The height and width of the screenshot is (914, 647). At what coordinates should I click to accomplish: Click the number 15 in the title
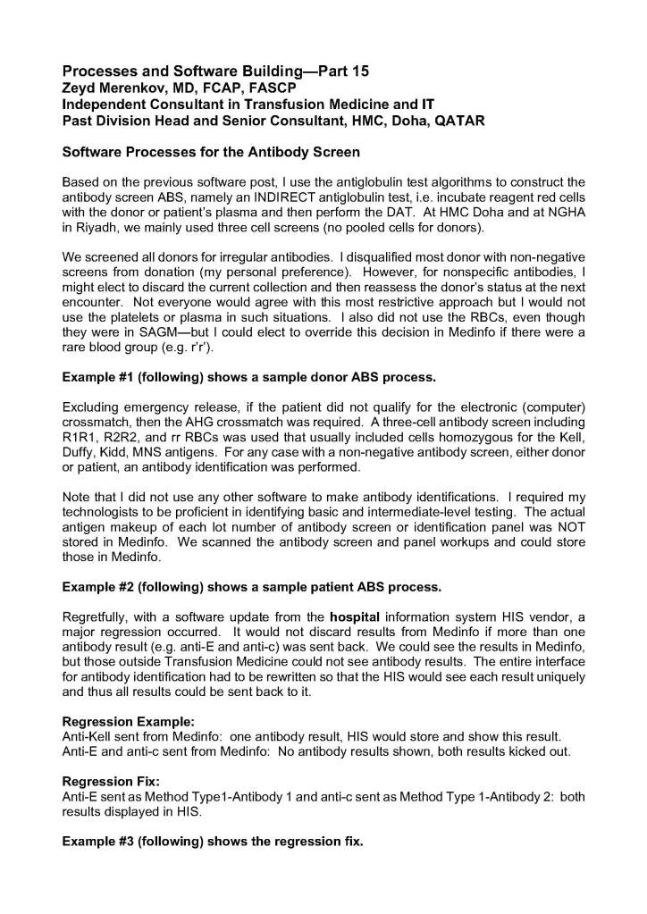point(356,70)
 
